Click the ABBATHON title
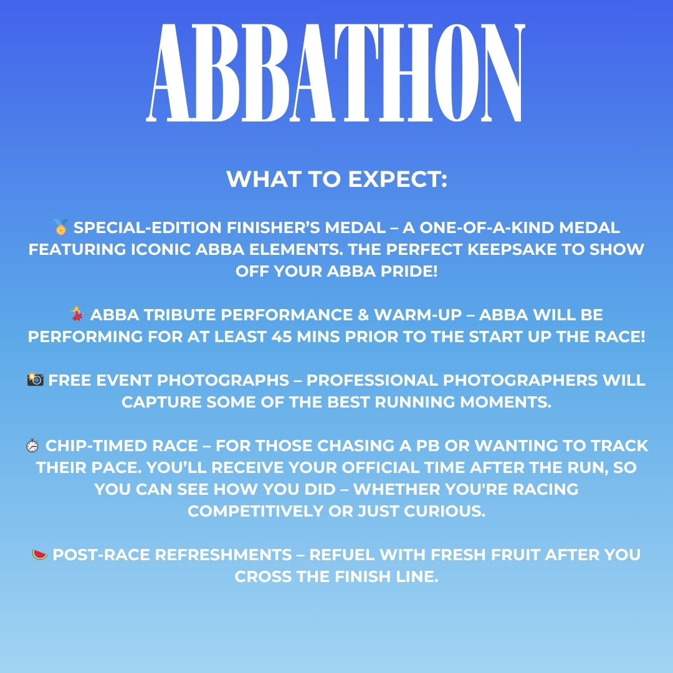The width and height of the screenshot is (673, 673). coord(336,73)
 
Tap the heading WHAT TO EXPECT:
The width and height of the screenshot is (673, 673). coord(336,179)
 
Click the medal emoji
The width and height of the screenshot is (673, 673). coord(60,227)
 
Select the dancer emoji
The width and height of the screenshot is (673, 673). coord(78,314)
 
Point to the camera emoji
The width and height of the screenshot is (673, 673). coord(35,379)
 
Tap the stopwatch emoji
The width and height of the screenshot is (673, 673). coord(32,446)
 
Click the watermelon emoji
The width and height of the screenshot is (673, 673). coord(40,554)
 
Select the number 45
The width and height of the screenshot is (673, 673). coord(282,336)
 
